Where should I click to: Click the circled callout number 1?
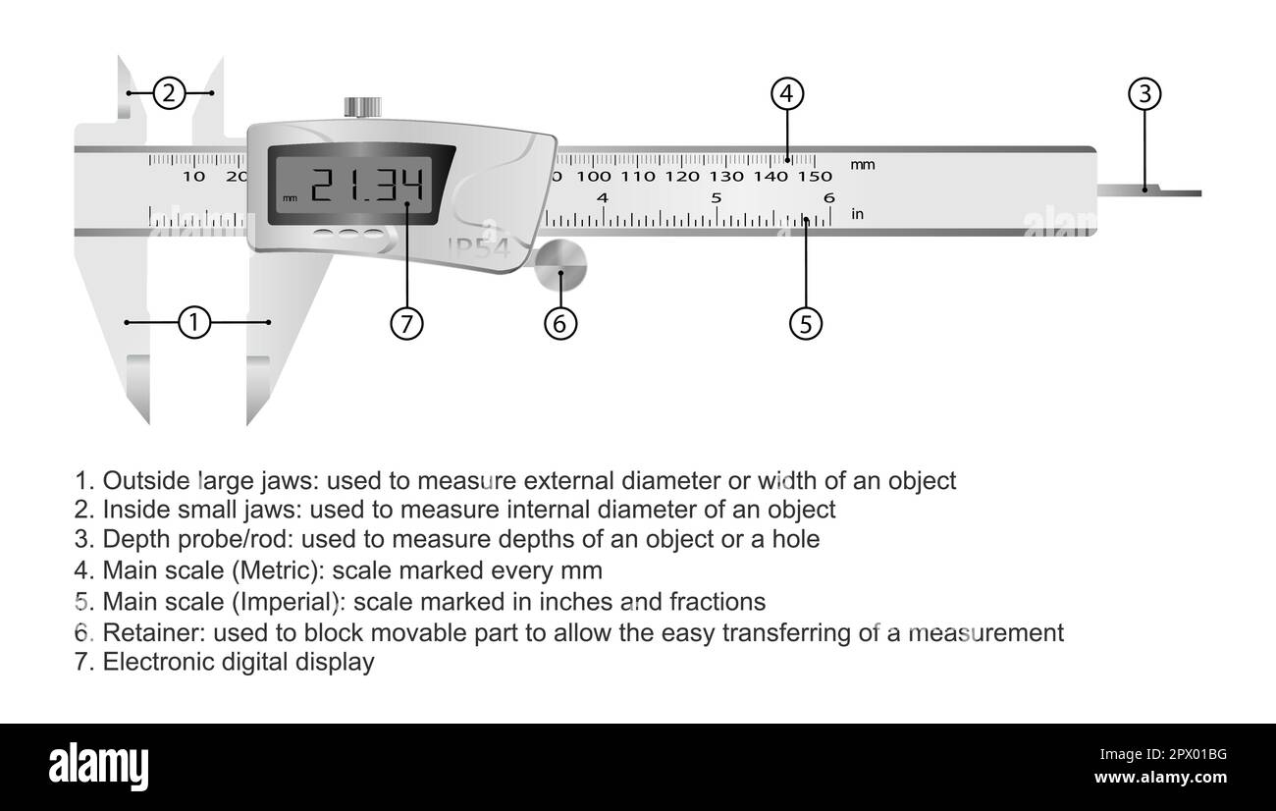click(194, 323)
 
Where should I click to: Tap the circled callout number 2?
click(169, 93)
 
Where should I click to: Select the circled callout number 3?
click(1144, 94)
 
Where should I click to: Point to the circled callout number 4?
click(787, 93)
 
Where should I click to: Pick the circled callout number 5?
click(806, 324)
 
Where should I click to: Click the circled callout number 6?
click(560, 324)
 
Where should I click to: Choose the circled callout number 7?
click(406, 324)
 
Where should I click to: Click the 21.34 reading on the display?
click(367, 186)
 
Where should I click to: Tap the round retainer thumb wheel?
click(560, 265)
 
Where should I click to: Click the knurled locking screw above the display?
click(363, 108)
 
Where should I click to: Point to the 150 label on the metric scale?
click(815, 177)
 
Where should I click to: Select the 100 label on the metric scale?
click(594, 177)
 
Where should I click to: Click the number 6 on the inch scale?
click(829, 197)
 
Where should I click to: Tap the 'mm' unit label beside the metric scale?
click(863, 165)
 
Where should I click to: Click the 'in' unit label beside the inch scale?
click(857, 214)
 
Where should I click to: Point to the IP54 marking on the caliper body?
click(479, 248)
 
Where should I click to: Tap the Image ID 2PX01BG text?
click(1163, 755)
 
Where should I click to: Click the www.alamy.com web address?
click(1161, 778)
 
